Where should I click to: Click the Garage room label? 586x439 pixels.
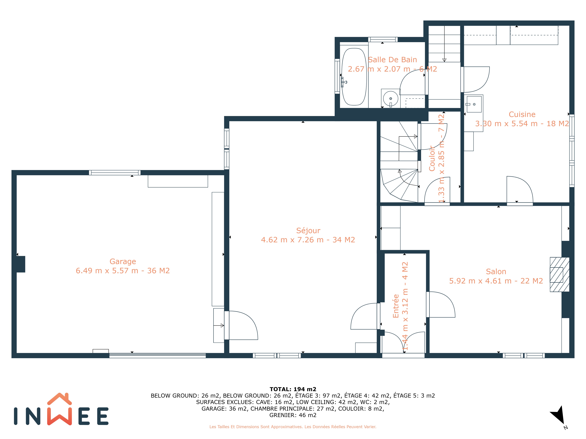(x=123, y=261)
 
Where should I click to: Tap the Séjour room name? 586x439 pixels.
(x=308, y=230)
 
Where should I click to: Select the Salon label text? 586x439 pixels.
(x=496, y=271)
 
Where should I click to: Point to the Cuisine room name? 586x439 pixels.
(x=522, y=114)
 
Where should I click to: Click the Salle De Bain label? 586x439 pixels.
(x=392, y=60)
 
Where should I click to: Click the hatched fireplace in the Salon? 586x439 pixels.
(x=559, y=274)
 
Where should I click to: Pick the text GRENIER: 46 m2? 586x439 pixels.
(x=293, y=415)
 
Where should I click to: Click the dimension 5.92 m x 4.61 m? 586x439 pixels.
(x=480, y=281)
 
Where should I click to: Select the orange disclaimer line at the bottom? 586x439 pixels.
(x=293, y=427)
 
